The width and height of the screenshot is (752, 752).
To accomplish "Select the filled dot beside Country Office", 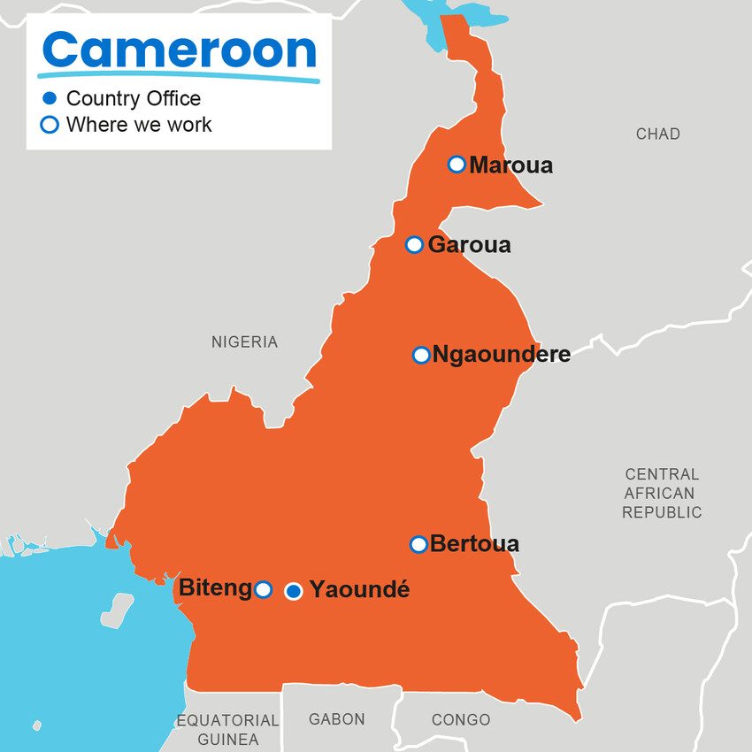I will point(50,98).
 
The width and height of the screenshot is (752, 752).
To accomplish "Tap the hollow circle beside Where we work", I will point(50,125).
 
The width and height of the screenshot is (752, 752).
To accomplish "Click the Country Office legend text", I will point(133,98).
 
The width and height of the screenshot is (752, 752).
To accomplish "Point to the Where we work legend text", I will point(139,125).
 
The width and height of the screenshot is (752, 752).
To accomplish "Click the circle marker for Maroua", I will point(457,164).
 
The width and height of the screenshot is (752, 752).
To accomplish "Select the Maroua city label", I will point(510,165).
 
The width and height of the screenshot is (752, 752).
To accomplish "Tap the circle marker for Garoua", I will point(414,244).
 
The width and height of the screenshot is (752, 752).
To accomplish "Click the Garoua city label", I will point(469,245).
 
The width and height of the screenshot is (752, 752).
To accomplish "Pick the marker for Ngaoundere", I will point(421,355).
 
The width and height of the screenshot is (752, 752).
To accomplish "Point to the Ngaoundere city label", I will point(501,356).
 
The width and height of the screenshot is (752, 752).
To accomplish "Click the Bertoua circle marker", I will point(418,544).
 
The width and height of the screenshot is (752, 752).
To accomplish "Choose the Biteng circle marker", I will point(263,589).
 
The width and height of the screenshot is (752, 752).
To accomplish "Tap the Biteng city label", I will point(215,588).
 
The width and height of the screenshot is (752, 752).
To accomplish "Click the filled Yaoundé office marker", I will point(294,590).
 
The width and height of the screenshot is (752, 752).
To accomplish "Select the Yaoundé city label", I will point(359,590).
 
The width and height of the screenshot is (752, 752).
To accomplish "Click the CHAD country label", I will point(657,134).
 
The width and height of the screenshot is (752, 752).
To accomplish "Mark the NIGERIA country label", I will point(244,342).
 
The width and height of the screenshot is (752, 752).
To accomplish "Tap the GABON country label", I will point(336,719).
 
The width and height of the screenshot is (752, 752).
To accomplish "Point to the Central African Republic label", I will point(661,494).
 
